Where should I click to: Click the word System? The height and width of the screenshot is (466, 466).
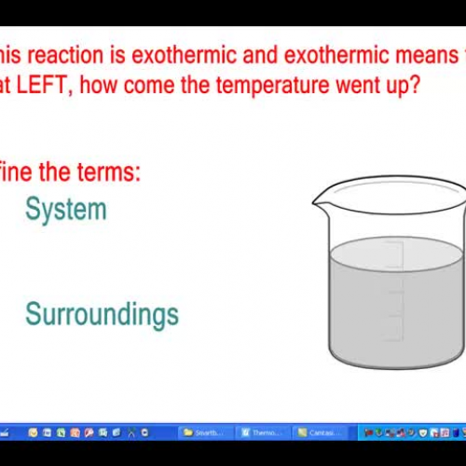[x=65, y=209]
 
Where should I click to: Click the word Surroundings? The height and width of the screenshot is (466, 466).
[x=102, y=313]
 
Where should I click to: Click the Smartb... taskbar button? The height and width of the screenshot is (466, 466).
[x=204, y=432]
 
